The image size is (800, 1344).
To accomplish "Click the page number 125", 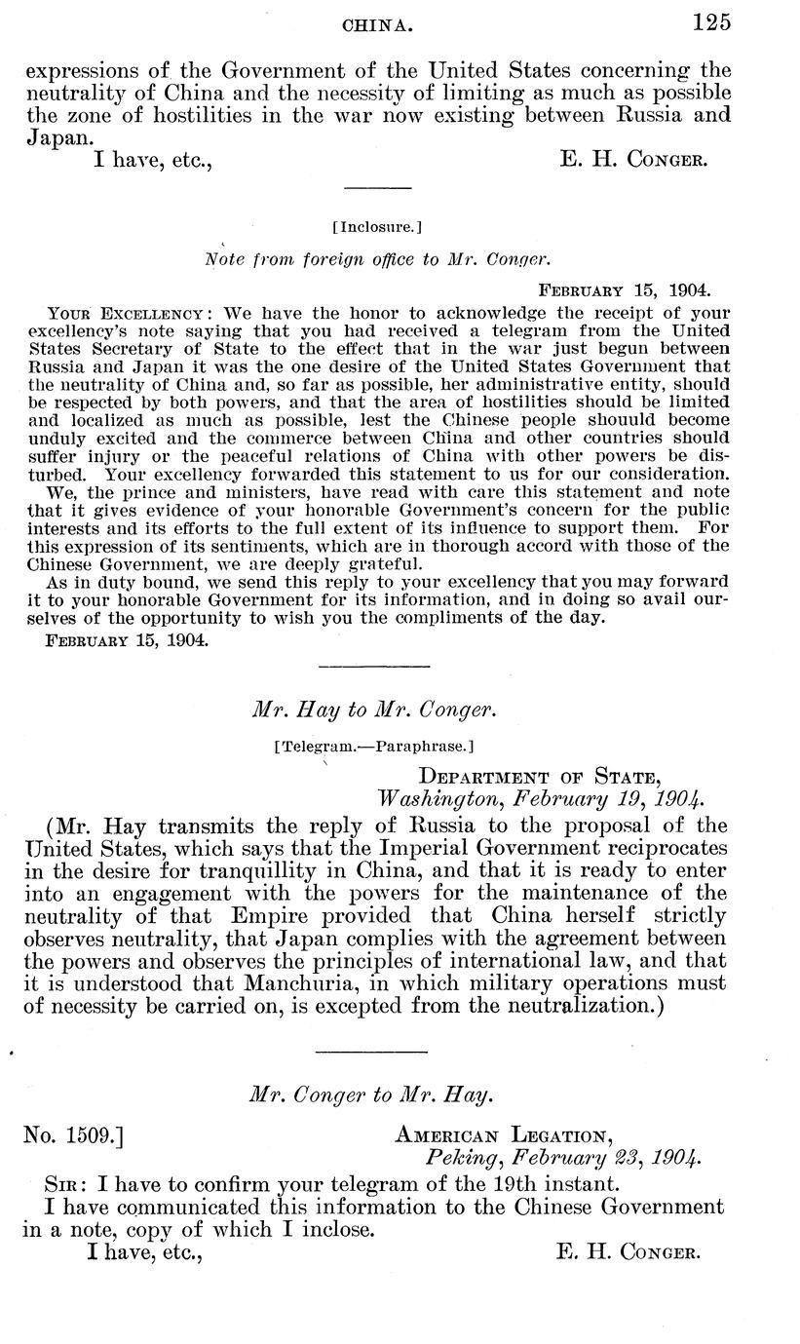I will click(x=711, y=22).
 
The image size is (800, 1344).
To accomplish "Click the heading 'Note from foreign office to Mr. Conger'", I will click(x=378, y=259).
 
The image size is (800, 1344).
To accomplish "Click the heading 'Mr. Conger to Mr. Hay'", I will click(x=371, y=1094).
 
